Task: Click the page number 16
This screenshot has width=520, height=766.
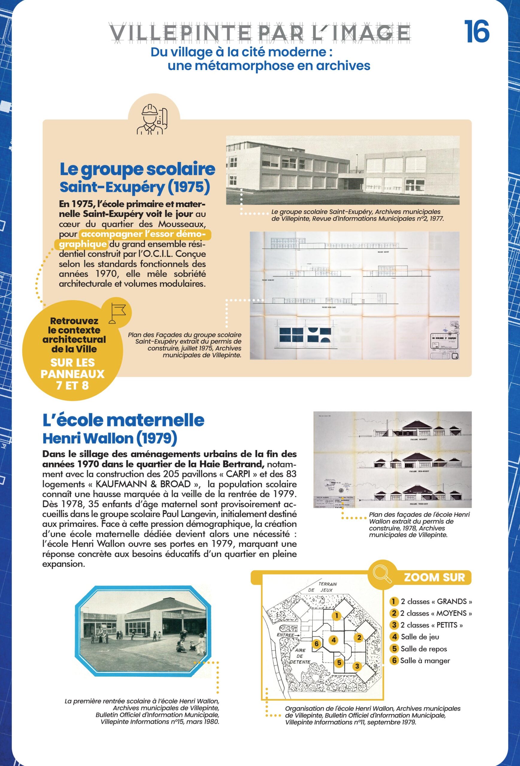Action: tap(477, 32)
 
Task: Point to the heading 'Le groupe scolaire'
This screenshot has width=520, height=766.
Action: tap(137, 169)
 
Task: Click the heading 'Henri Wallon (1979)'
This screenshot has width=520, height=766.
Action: tap(110, 438)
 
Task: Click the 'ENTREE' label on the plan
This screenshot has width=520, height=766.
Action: tap(286, 635)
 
